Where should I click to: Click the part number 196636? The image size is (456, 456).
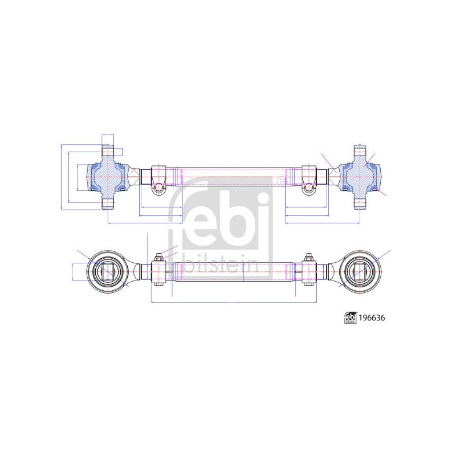coord(372,318)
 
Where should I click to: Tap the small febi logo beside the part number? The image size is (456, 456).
coord(351,318)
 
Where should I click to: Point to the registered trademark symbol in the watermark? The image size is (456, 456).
coord(282,181)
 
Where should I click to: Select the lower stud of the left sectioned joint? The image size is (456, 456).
coord(108,203)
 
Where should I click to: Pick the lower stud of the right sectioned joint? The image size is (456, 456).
coord(360,203)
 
